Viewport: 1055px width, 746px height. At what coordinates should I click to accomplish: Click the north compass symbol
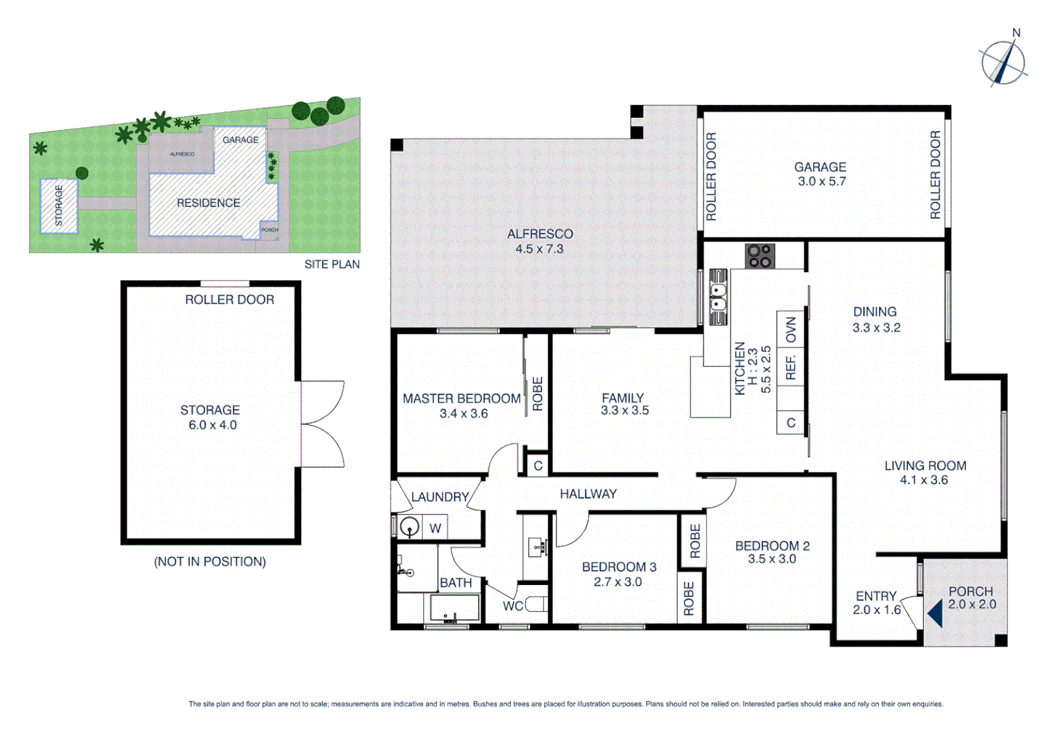pos(1004,62)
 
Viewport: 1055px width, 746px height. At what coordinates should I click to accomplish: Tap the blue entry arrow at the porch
pos(936,613)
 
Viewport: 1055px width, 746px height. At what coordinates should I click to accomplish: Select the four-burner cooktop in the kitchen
pos(760,256)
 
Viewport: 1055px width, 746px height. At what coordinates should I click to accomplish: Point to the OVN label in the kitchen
pos(791,330)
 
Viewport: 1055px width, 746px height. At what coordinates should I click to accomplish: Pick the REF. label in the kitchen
pos(791,367)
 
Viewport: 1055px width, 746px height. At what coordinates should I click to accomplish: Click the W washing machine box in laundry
pos(435,528)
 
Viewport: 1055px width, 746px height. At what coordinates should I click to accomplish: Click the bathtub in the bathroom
pos(454,609)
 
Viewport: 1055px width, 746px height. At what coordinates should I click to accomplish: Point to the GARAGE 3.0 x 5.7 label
pos(820,174)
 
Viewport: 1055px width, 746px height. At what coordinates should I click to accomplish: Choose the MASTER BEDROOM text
pos(461,399)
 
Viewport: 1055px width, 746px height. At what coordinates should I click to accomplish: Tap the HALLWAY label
pos(588,494)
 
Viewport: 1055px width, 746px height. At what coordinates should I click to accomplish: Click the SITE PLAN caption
pos(332,265)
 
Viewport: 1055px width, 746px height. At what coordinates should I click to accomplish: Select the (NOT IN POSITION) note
pos(210,562)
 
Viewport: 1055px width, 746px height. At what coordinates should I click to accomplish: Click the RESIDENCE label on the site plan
pos(209,203)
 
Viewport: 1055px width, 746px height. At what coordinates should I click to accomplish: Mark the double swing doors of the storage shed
pos(322,423)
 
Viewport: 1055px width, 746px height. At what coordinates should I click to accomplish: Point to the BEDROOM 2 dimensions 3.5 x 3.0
pos(772,559)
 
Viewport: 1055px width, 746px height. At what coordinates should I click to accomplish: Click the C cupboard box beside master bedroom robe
pos(538,466)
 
